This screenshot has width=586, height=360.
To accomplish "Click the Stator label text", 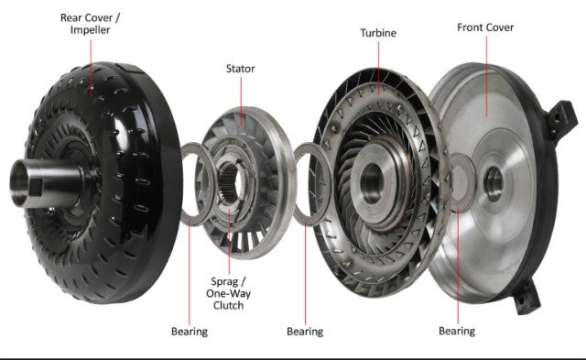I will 240,68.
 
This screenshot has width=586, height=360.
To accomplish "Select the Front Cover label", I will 487,27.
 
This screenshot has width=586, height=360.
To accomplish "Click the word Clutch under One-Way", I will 227,305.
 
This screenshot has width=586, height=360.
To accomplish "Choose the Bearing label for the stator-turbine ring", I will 305,331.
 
